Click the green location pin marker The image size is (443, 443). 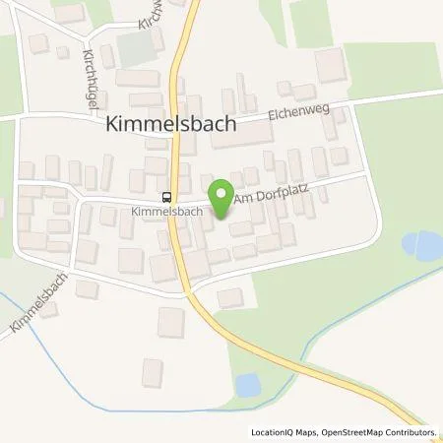point(220,194)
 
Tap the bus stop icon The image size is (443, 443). point(165,196)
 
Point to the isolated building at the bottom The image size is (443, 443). point(152,372)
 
